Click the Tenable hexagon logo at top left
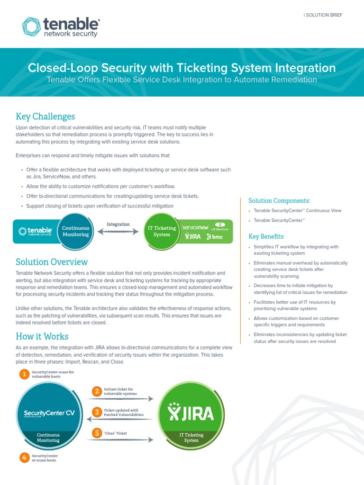(x=31, y=27)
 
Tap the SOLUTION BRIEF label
(x=323, y=15)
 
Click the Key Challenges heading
(x=45, y=117)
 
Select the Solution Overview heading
(x=52, y=262)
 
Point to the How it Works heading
(x=42, y=336)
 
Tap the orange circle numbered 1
(x=24, y=375)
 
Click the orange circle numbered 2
(x=97, y=391)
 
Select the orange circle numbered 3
(x=97, y=412)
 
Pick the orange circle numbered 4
(x=24, y=458)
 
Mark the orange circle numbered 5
(x=97, y=433)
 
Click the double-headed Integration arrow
(x=118, y=232)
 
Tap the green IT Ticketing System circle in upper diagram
(x=162, y=231)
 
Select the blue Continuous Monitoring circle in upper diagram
(x=76, y=231)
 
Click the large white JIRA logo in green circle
(x=191, y=414)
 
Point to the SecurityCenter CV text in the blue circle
(x=49, y=413)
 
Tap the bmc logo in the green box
(x=215, y=236)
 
